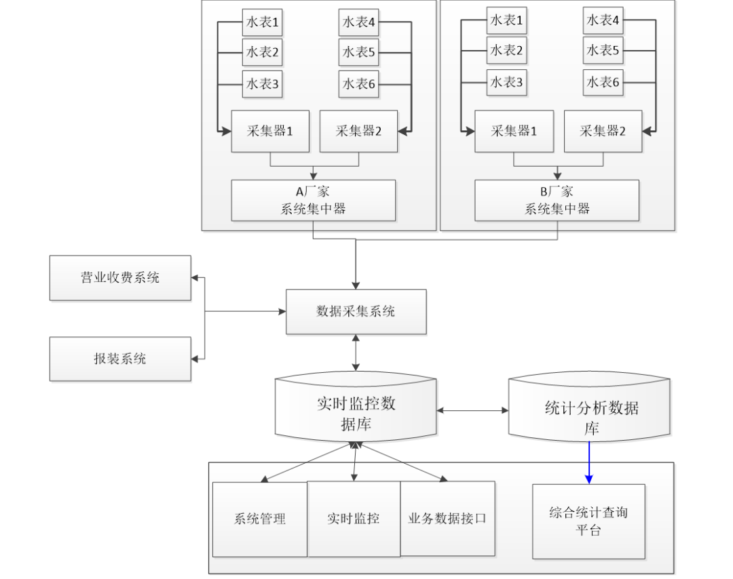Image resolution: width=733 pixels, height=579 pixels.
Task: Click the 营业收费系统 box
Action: pos(120,278)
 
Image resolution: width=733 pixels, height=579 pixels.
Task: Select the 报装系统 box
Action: pos(120,359)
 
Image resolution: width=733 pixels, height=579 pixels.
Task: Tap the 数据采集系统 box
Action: pos(356,312)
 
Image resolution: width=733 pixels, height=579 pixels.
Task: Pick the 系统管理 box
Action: pos(260,519)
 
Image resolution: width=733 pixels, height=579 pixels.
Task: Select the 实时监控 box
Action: pos(354,519)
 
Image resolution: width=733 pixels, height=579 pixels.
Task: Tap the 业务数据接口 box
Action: pos(447,519)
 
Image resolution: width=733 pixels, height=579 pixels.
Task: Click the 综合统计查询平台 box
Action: pos(588,521)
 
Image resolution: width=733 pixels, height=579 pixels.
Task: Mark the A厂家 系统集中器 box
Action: pos(314,200)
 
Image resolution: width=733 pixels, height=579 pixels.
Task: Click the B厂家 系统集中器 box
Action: pos(557,200)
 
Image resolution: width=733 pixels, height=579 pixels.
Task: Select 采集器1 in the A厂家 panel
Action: pos(270,131)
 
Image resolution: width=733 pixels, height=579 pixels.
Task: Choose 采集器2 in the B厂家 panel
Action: pos(603,131)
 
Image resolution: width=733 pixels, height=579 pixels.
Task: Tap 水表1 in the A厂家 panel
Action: pos(262,22)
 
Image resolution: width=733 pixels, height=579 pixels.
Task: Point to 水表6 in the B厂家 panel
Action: pos(603,83)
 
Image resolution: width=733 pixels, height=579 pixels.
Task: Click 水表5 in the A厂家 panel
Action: pos(359,52)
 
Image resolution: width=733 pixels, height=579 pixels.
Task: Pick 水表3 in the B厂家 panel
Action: pos(506,83)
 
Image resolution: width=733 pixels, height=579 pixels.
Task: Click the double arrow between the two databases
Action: pos(472,410)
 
